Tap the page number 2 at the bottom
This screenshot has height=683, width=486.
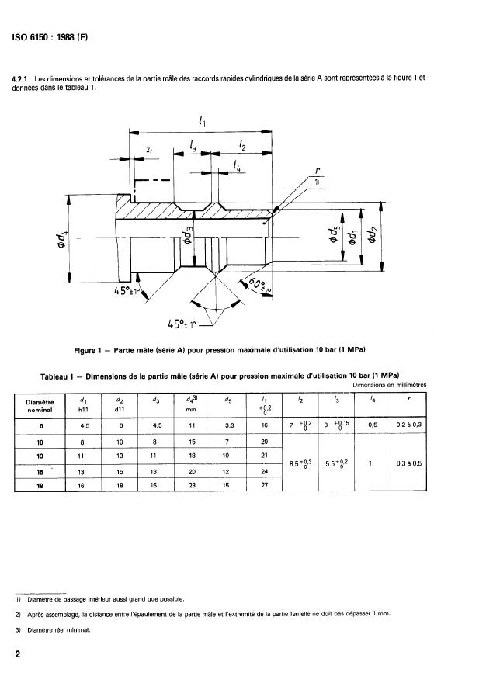pyautogui.click(x=17, y=654)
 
